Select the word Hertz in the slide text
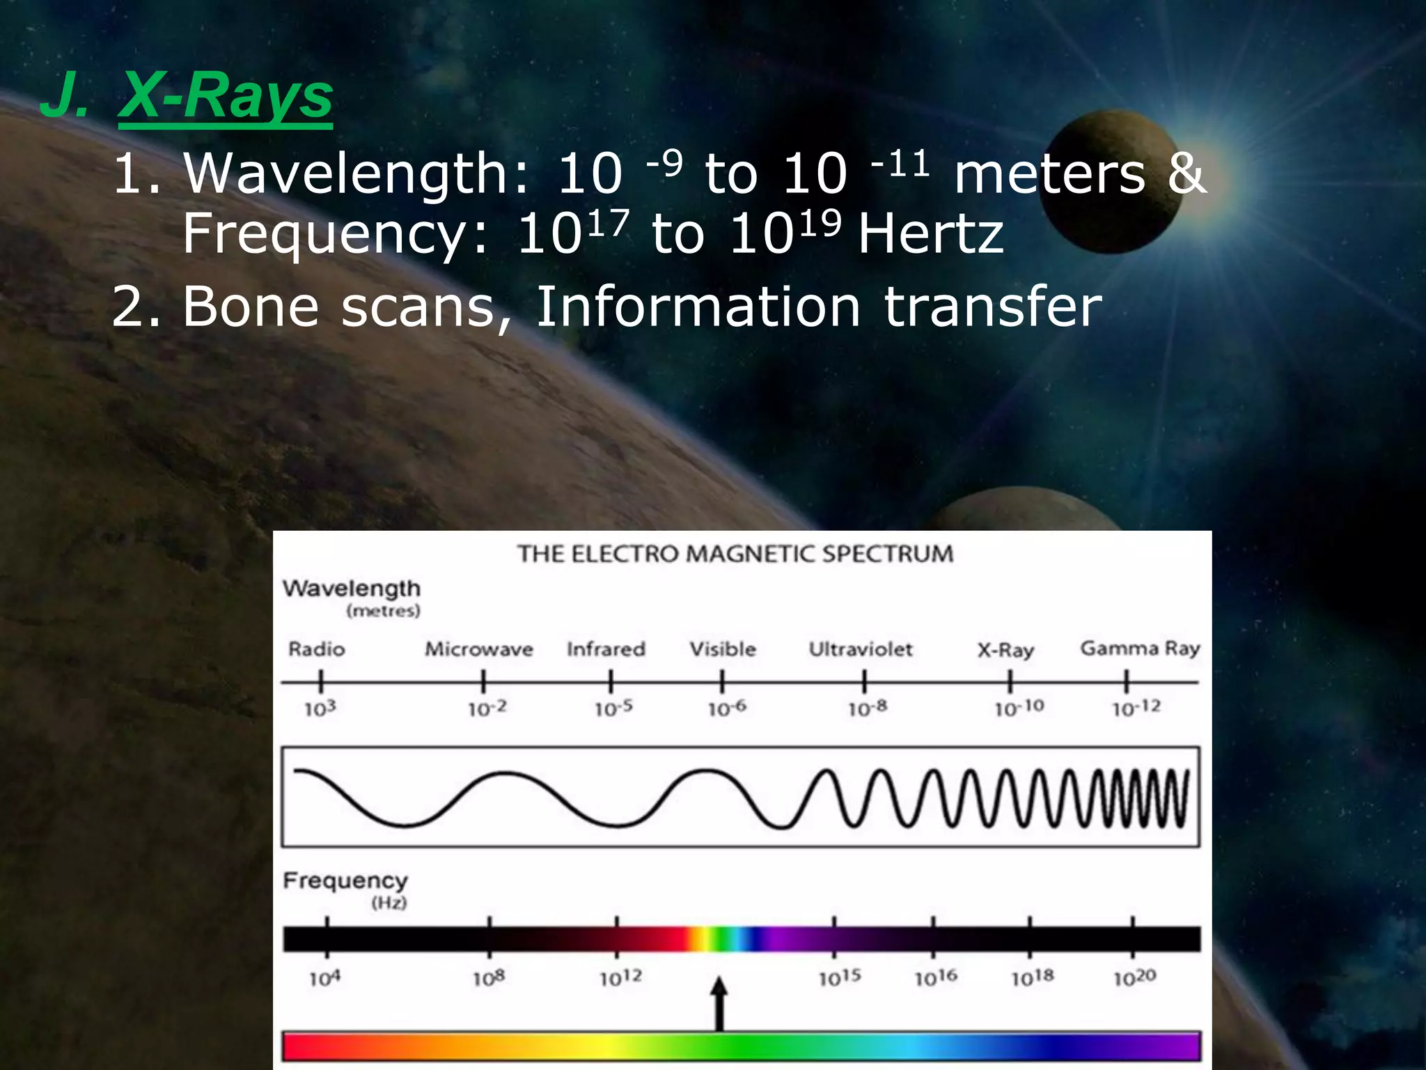click(x=930, y=234)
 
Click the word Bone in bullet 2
click(x=250, y=306)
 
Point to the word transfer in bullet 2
click(x=993, y=306)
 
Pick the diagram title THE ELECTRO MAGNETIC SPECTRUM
click(x=735, y=554)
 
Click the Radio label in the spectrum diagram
click(x=317, y=649)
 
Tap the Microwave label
click(x=479, y=649)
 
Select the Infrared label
click(x=606, y=649)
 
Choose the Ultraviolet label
click(x=861, y=649)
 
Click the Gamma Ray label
click(x=1140, y=649)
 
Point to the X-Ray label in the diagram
click(x=1005, y=650)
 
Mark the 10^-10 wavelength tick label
click(x=1019, y=708)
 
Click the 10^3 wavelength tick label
click(x=320, y=708)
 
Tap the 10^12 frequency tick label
click(x=620, y=978)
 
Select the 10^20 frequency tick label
click(x=1134, y=978)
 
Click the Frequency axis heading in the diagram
click(x=345, y=881)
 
